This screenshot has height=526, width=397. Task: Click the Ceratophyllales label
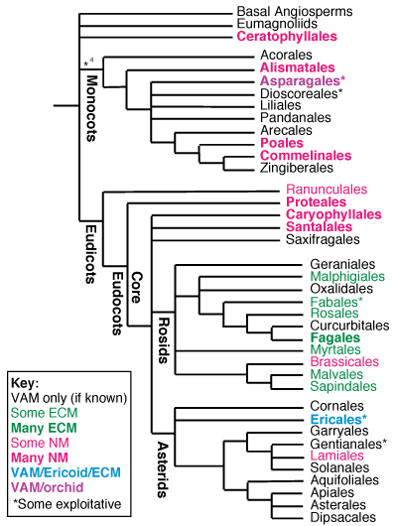[x=288, y=36]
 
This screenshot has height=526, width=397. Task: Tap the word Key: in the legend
[x=26, y=382]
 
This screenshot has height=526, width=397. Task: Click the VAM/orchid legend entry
[x=51, y=488]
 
